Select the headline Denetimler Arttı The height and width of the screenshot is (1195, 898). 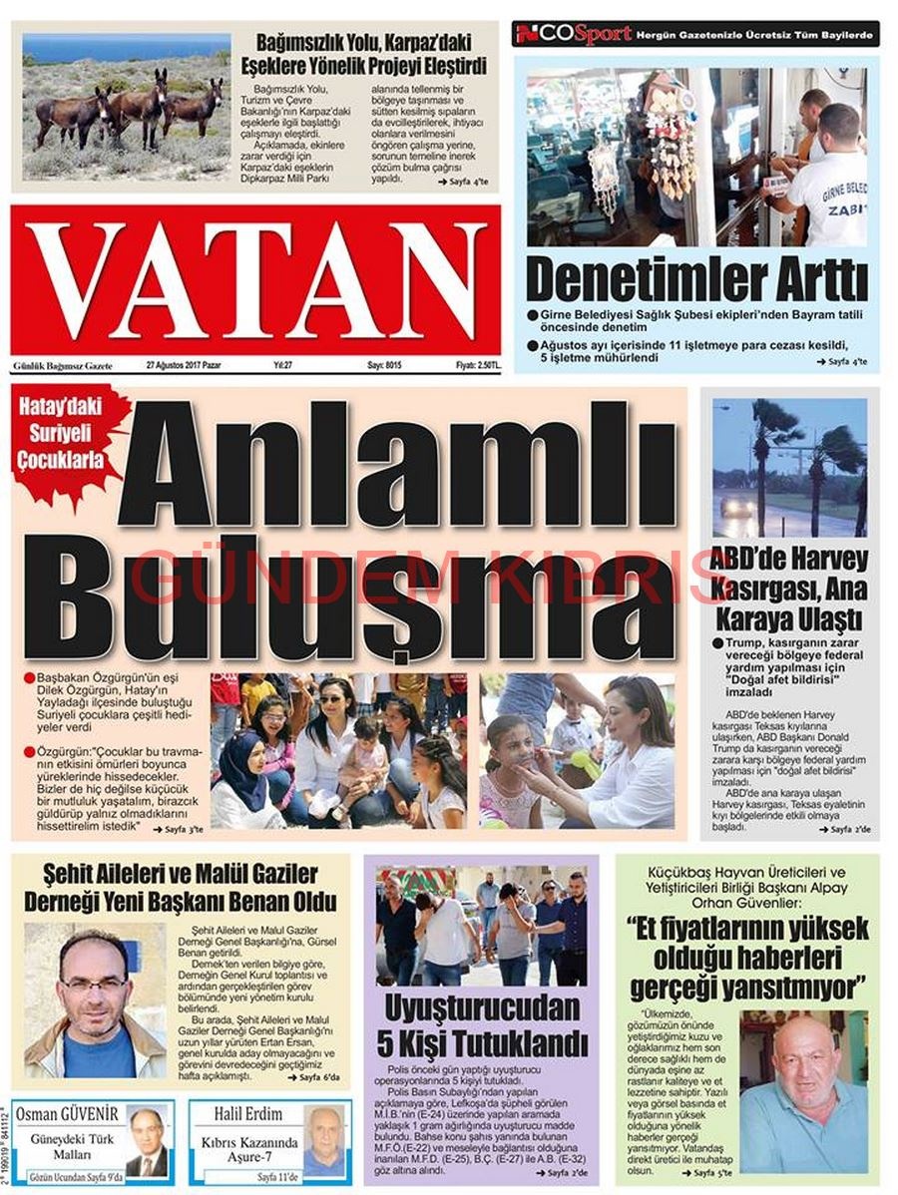click(x=695, y=280)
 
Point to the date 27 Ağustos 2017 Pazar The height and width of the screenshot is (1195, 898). click(x=184, y=366)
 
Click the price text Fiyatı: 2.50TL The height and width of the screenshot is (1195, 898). click(x=478, y=366)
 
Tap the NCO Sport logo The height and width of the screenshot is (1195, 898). click(x=574, y=34)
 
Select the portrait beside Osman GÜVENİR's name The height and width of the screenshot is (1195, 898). click(x=148, y=1143)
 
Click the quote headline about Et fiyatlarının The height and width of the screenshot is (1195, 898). click(x=748, y=958)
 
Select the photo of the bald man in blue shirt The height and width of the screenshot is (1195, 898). click(x=804, y=1091)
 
